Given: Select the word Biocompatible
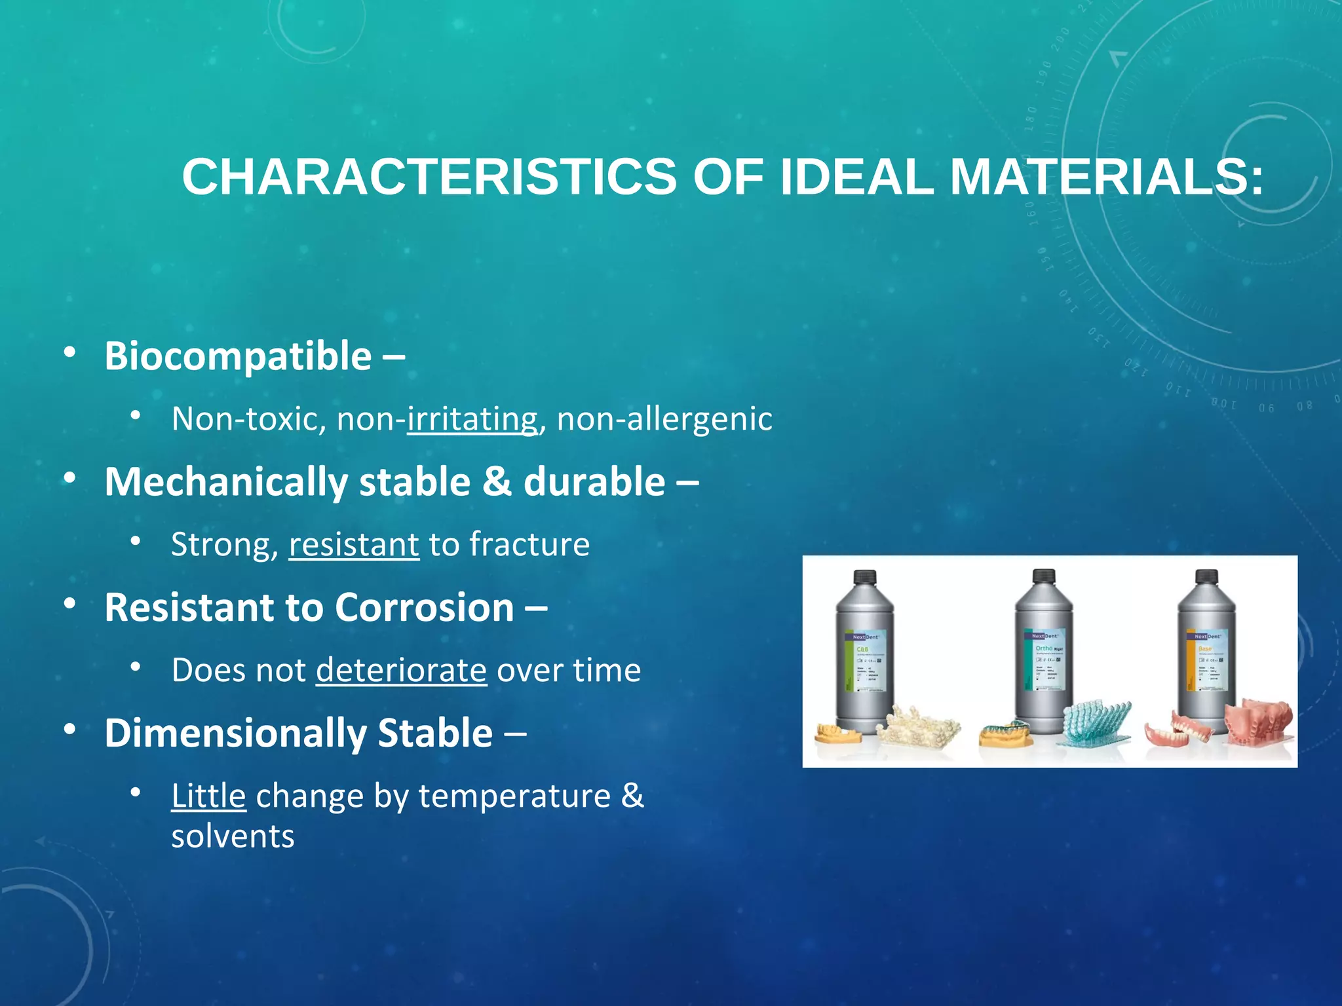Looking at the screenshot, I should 238,356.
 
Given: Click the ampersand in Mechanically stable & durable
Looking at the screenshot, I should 497,482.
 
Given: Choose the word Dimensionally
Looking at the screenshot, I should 233,733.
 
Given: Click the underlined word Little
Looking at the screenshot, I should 208,796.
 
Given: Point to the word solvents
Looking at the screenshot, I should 233,836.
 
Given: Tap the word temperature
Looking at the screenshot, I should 514,796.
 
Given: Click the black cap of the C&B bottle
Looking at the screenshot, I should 865,577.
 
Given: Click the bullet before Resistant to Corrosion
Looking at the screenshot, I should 70,605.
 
